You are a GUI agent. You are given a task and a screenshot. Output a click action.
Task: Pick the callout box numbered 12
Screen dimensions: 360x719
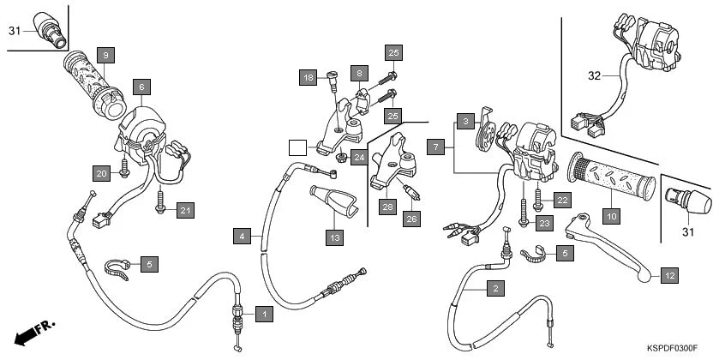[669, 276]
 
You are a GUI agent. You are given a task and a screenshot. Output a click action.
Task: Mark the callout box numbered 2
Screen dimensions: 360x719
[493, 289]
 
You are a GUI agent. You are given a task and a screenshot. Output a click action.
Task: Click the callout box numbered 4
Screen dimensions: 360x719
[243, 235]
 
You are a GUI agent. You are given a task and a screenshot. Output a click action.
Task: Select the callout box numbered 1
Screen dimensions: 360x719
[266, 315]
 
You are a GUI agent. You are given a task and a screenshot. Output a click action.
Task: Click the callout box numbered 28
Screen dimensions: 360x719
[386, 207]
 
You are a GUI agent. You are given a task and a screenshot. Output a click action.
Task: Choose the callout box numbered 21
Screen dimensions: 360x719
[186, 208]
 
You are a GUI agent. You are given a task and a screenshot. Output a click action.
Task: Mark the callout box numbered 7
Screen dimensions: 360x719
[436, 147]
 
